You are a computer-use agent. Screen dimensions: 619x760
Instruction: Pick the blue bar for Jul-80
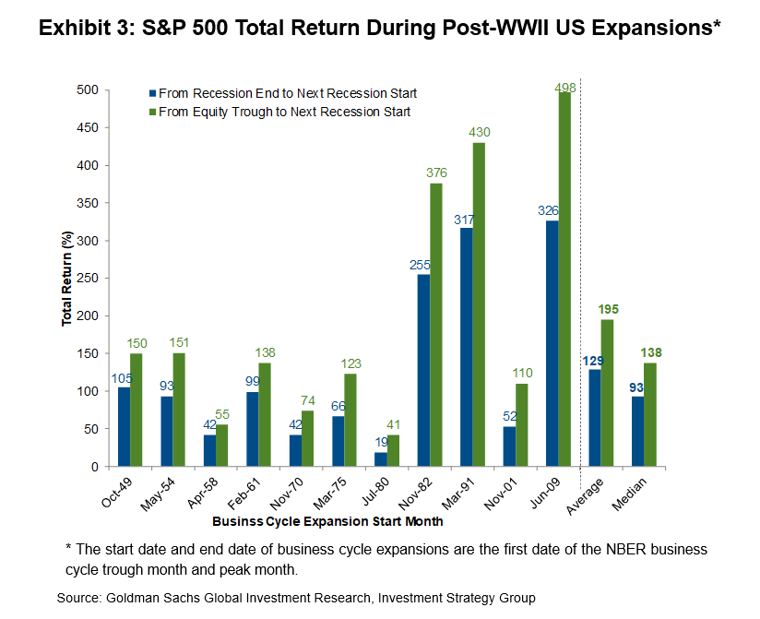[x=381, y=459]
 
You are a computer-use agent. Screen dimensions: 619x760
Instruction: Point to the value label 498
[x=565, y=87]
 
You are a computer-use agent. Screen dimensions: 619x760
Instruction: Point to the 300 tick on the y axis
[x=88, y=241]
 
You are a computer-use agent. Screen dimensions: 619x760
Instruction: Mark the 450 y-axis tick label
[x=88, y=128]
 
